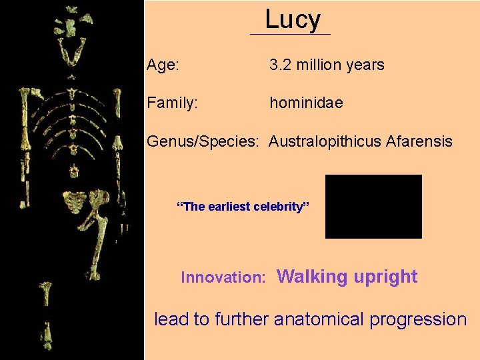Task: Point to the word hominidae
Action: tap(306, 103)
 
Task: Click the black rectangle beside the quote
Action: tap(373, 207)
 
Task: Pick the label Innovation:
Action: tap(224, 277)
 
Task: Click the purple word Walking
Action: tap(312, 277)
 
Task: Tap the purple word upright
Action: tap(386, 277)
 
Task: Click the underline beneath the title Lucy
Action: tap(290, 34)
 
